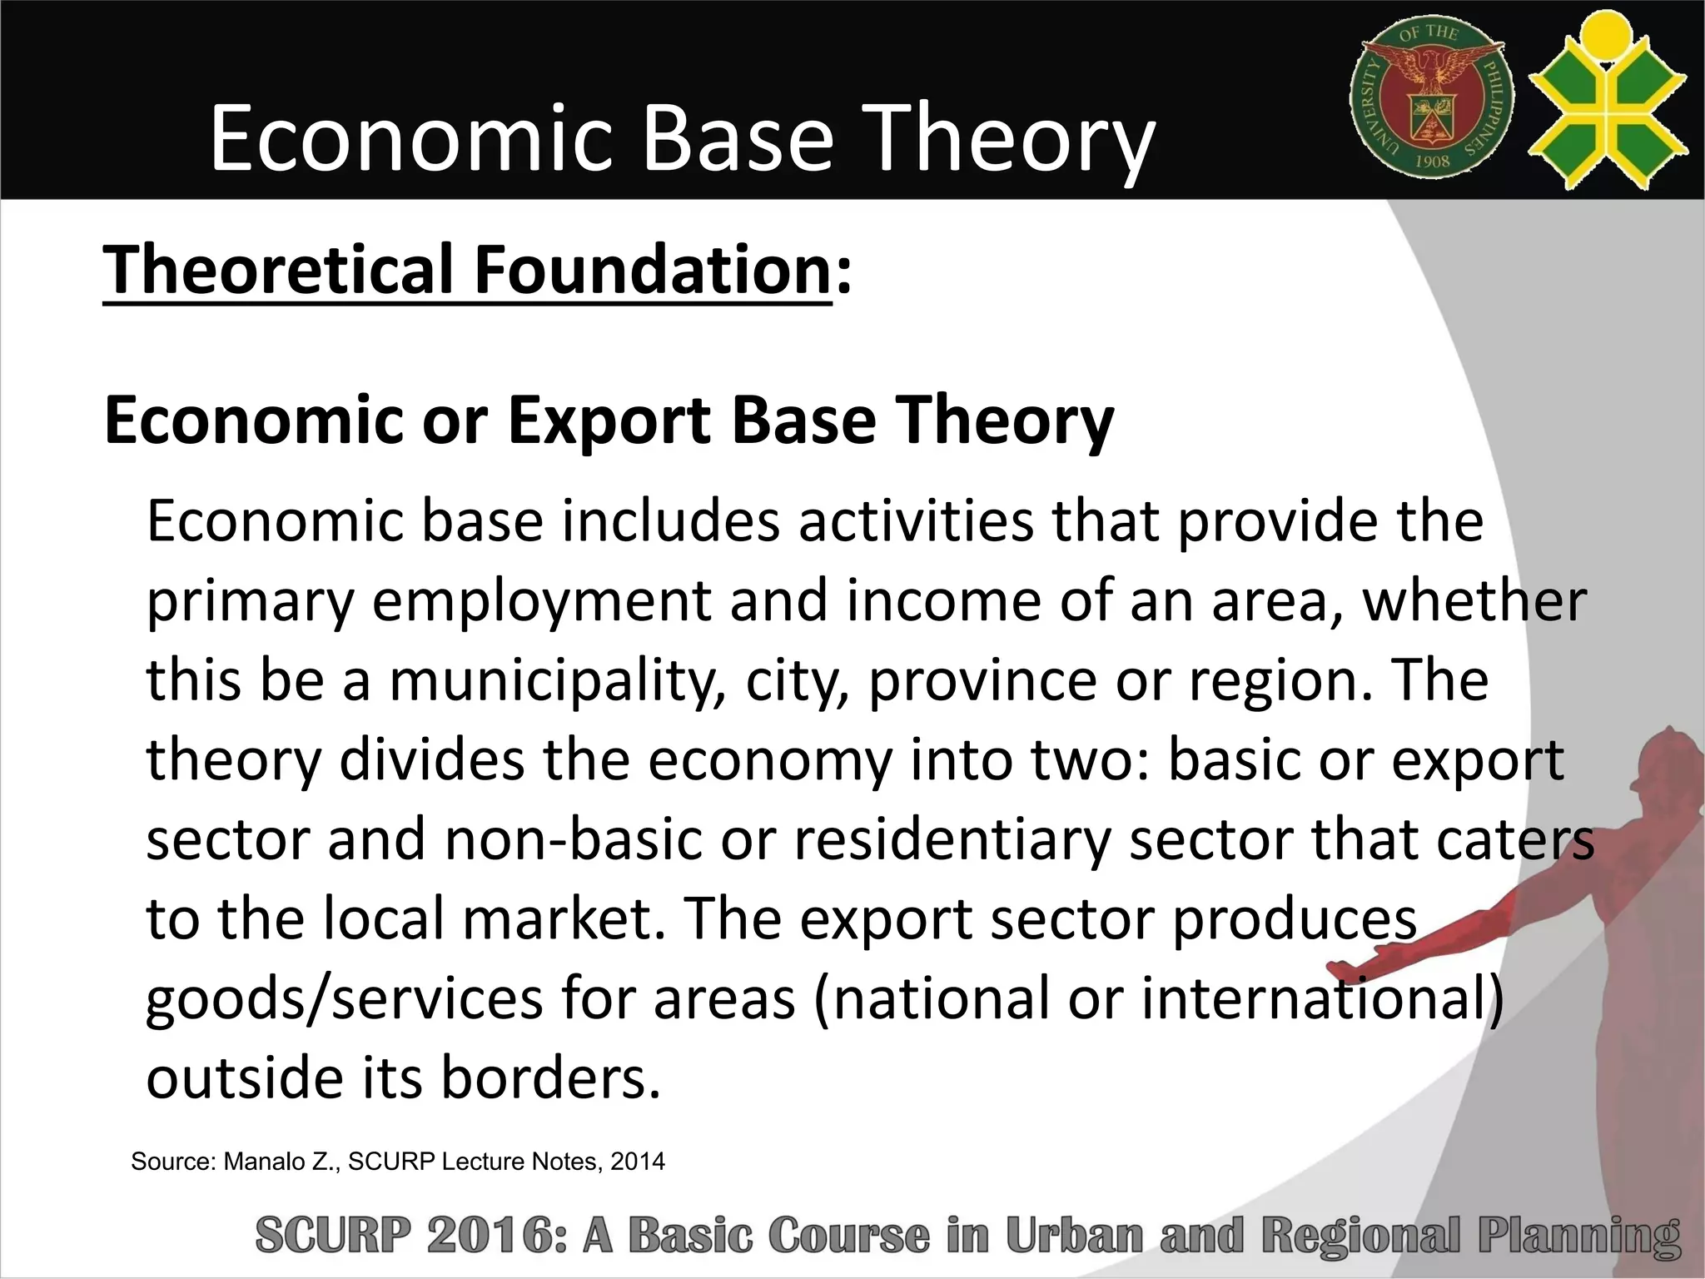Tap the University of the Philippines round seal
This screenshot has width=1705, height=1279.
pyautogui.click(x=1431, y=98)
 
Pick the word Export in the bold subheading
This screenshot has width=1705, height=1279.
pyautogui.click(x=610, y=421)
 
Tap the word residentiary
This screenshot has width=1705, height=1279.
pyautogui.click(x=952, y=839)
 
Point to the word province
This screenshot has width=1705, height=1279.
pyautogui.click(x=983, y=680)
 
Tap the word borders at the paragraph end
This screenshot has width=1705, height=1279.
pyautogui.click(x=549, y=1077)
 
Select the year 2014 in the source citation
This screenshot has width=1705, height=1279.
pyautogui.click(x=638, y=1162)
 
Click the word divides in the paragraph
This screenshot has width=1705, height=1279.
pyautogui.click(x=432, y=760)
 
